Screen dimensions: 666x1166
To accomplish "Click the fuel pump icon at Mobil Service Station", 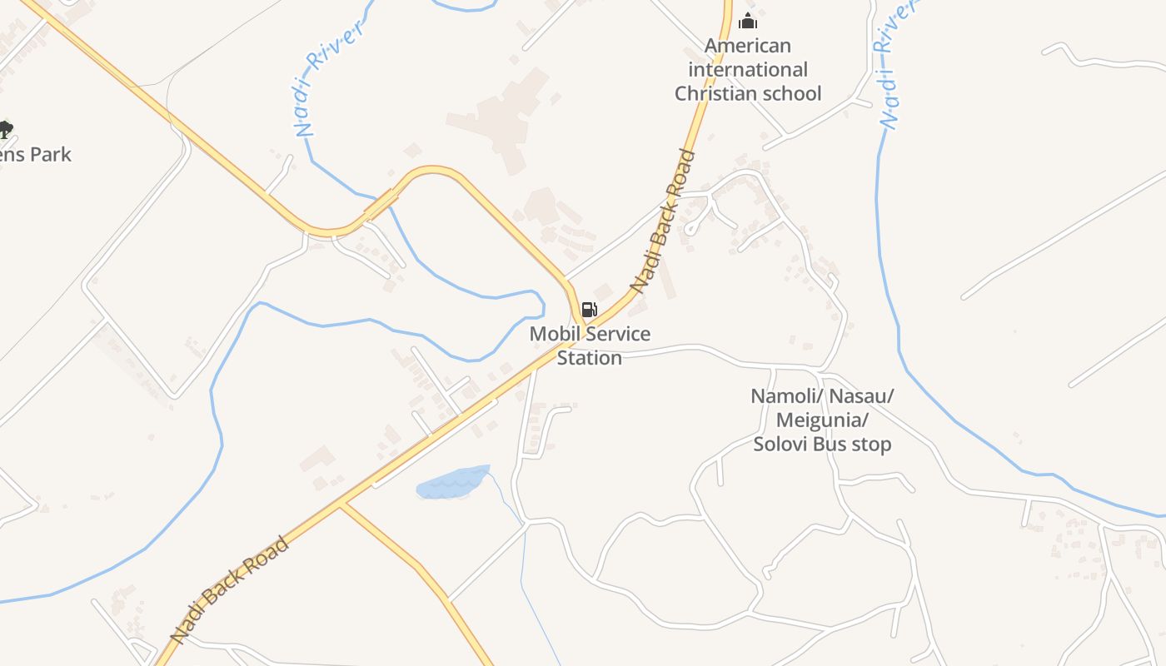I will [589, 311].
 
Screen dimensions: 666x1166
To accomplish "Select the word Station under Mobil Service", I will [590, 358].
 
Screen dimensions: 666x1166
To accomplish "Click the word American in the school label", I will [748, 46].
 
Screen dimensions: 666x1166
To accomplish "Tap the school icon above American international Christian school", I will [748, 21].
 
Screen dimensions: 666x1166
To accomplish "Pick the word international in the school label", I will [748, 70].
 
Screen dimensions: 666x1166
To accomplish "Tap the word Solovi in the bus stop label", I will [781, 445].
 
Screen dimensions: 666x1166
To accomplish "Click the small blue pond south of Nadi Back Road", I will [452, 483].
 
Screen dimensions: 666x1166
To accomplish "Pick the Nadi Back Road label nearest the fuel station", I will [663, 221].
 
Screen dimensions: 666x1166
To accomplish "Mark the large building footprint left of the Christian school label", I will [500, 117].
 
